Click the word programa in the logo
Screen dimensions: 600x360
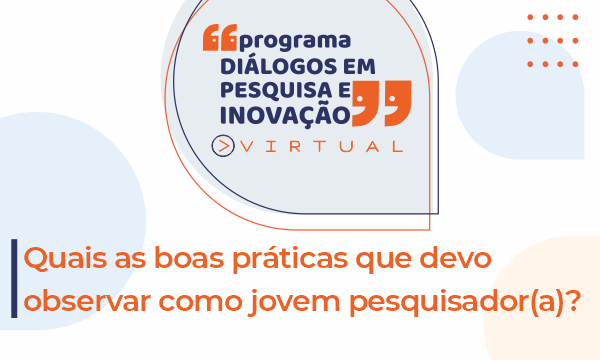(x=295, y=42)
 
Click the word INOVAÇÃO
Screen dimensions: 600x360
(x=285, y=114)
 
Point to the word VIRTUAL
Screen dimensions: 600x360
(x=322, y=147)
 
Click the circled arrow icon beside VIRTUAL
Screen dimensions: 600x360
(x=223, y=146)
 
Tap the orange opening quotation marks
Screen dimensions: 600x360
(x=220, y=37)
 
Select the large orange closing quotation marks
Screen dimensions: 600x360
(x=382, y=103)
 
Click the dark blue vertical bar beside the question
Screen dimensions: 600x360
(x=14, y=279)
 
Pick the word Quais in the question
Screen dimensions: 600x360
(x=65, y=258)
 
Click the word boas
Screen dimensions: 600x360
(x=189, y=257)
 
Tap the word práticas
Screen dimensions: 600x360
(x=290, y=259)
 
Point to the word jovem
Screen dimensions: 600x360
(x=294, y=302)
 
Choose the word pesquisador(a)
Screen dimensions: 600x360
(x=457, y=302)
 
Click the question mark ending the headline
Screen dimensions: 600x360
(x=573, y=300)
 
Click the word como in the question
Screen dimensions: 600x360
(x=201, y=302)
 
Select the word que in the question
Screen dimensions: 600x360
(x=384, y=261)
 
